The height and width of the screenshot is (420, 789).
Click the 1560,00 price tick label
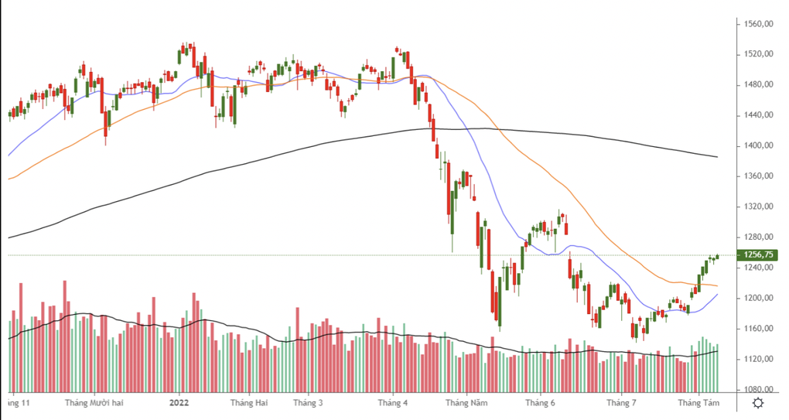coord(759,24)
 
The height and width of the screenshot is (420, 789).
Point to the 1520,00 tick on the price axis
coord(759,54)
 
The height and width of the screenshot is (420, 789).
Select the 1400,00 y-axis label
coord(759,145)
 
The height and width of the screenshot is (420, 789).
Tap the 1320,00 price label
coord(759,207)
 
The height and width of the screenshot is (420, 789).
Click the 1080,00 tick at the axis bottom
coord(759,390)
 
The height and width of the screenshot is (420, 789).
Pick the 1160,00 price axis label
coord(759,329)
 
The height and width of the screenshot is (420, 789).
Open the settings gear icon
coord(759,403)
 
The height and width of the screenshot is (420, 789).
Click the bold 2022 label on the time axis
coord(179,403)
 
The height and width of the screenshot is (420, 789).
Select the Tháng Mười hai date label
coord(95,403)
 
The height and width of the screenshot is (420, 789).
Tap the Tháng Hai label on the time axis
coord(250,403)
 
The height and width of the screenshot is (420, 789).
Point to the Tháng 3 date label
coord(308,403)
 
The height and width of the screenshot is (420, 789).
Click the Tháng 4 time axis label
coord(393,403)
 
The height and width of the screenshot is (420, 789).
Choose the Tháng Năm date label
coord(467,403)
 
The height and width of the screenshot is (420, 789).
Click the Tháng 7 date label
coord(621,403)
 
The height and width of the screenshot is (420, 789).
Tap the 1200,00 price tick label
coord(759,299)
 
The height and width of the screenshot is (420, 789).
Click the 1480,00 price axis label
coord(759,84)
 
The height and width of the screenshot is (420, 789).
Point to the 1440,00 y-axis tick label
coord(759,115)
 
